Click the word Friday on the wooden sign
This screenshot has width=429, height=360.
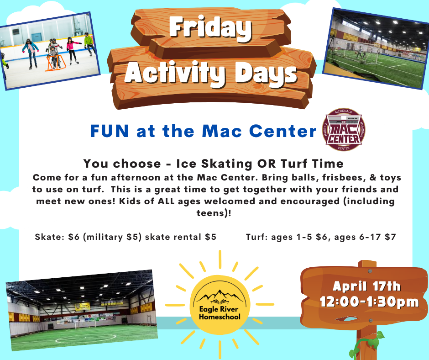tap(210, 28)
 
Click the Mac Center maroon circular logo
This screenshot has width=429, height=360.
tap(344, 130)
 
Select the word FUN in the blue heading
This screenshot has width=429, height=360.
tap(110, 131)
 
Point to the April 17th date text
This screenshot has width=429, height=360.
tap(366, 286)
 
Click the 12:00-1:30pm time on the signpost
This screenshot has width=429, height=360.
tap(369, 302)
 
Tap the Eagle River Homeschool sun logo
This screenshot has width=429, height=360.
tap(220, 305)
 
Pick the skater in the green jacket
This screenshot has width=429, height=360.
tap(89, 44)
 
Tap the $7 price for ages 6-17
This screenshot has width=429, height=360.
tap(390, 237)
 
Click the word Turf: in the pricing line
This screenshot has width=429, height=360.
tap(257, 237)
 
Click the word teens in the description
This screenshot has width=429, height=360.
tap(211, 213)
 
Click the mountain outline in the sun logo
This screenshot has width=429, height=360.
tap(220, 296)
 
